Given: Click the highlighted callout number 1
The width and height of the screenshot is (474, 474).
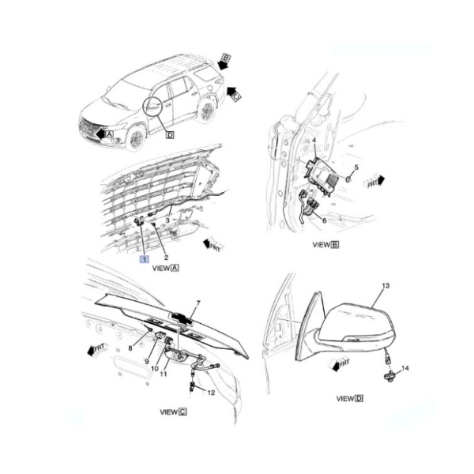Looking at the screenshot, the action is (144, 259).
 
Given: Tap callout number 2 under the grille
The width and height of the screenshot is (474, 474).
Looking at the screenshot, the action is (166, 258).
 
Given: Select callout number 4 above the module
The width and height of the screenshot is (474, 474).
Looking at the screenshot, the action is (314, 141).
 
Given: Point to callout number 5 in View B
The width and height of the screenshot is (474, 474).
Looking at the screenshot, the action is (356, 167).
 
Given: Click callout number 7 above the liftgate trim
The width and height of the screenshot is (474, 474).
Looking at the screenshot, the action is (198, 303).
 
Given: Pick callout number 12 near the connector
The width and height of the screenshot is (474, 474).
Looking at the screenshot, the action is (211, 393).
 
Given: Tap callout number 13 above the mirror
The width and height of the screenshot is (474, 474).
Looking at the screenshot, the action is (386, 286).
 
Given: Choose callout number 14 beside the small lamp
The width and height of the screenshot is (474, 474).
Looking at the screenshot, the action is (405, 368).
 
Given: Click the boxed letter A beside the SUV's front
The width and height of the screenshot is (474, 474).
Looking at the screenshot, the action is (110, 134).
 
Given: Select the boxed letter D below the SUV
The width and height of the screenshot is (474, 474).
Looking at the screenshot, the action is (171, 135).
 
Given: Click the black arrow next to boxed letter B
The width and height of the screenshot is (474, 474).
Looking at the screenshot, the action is (223, 64).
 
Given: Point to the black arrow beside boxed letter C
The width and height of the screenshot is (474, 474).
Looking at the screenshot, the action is (231, 90).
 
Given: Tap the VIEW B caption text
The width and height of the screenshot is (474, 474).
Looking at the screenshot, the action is (325, 245).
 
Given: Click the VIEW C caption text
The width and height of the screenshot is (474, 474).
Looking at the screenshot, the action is (173, 412).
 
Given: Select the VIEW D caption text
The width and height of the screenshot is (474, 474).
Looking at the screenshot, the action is (350, 399).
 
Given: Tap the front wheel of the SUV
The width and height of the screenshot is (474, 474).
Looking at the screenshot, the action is (136, 138).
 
